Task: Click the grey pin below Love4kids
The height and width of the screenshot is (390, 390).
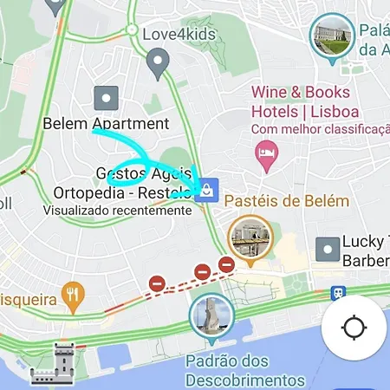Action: [x=157, y=62]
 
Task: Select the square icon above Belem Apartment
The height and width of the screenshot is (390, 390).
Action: [x=106, y=98]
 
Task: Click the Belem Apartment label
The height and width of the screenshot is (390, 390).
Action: [x=106, y=124]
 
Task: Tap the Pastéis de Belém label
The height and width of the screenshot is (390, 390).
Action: [x=286, y=201]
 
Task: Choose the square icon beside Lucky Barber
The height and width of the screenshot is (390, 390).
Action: [x=328, y=250]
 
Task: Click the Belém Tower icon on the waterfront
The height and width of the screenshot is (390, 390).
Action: [x=54, y=364]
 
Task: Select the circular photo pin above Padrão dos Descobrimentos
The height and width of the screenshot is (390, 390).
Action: [x=211, y=315]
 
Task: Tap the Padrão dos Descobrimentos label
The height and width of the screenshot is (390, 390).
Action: [x=245, y=369]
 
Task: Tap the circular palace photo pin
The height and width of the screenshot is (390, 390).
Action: [x=332, y=37]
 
